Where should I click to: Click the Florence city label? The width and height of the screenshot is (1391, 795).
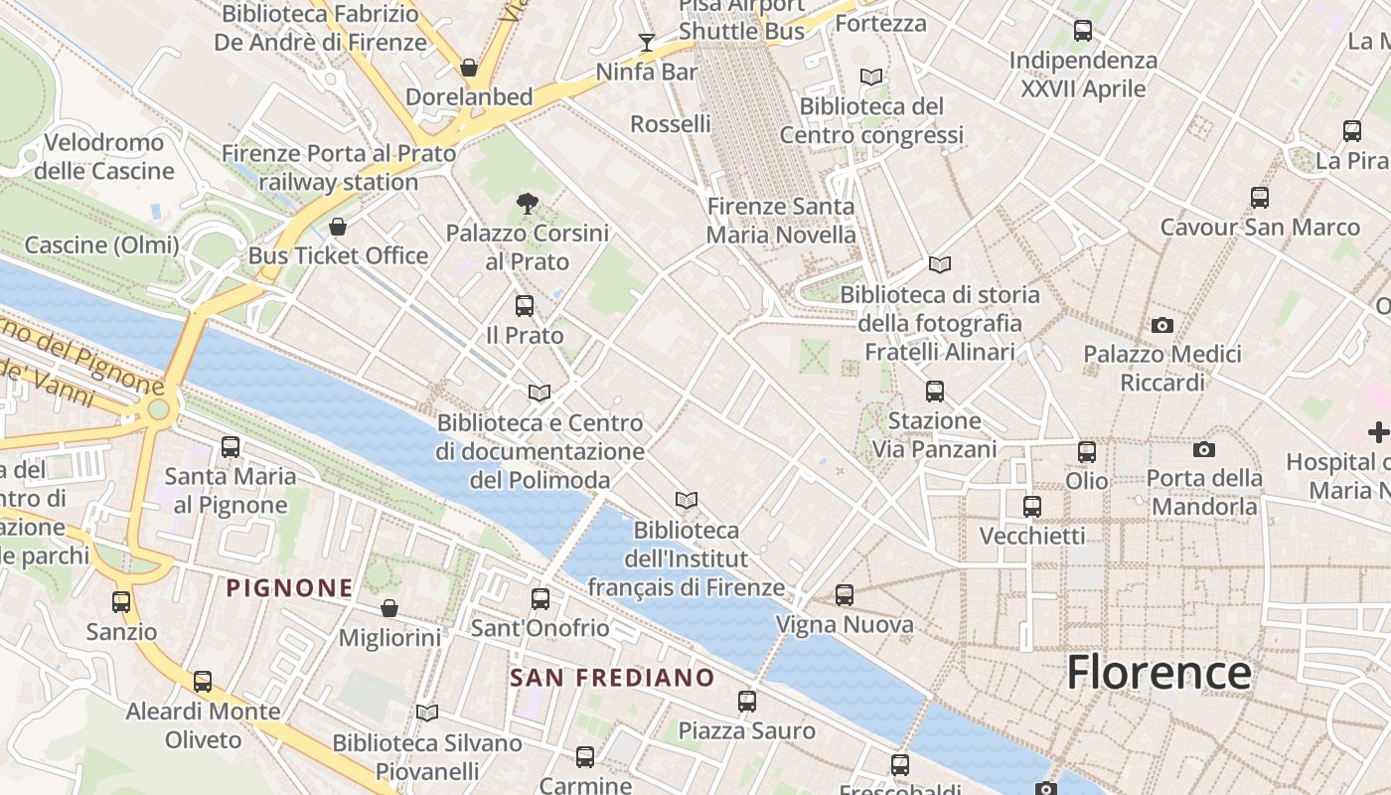tap(1159, 673)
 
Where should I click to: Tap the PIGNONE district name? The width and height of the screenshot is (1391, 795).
tap(289, 588)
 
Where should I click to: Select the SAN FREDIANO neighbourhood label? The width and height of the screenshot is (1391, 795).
tap(612, 678)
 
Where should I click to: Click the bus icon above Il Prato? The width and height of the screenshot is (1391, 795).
tap(525, 306)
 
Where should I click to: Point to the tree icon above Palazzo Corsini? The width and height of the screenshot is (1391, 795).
tap(528, 204)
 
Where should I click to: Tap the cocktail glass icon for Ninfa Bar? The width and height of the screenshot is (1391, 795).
tap(647, 42)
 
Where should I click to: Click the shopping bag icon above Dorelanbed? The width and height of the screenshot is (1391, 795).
tap(468, 68)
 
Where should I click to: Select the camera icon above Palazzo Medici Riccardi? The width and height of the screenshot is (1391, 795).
tap(1161, 325)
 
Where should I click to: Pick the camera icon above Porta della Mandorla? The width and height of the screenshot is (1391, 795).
tap(1204, 449)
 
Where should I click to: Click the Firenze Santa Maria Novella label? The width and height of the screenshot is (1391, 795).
tap(781, 221)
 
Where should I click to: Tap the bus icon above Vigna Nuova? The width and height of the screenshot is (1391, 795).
tap(845, 595)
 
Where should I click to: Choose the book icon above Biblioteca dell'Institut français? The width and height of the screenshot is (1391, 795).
tap(687, 500)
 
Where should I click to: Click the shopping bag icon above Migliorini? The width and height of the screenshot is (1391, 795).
tap(389, 608)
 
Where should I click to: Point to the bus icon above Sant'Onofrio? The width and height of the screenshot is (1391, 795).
tap(541, 598)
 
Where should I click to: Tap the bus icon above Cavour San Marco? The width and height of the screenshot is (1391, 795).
tap(1260, 198)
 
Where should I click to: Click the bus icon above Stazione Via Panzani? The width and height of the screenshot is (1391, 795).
tap(935, 392)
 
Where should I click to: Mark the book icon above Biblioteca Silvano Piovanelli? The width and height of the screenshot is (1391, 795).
tap(427, 713)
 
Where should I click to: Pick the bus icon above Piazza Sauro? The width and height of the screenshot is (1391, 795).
tap(747, 702)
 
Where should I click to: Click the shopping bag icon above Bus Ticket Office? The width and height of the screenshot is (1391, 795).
tap(338, 227)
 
